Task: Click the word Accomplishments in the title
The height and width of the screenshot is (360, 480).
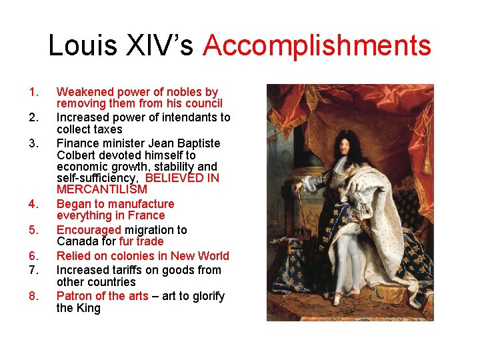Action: click(x=317, y=46)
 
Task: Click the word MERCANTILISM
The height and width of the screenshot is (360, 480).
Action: click(x=102, y=190)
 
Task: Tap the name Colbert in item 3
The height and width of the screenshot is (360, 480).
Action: click(x=75, y=155)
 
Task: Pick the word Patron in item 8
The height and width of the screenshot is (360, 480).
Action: click(x=75, y=296)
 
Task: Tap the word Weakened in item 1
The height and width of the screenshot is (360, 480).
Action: click(x=84, y=92)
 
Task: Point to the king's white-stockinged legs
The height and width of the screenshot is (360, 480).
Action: click(x=340, y=253)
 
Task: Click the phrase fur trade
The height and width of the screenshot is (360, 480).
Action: click(x=141, y=241)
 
